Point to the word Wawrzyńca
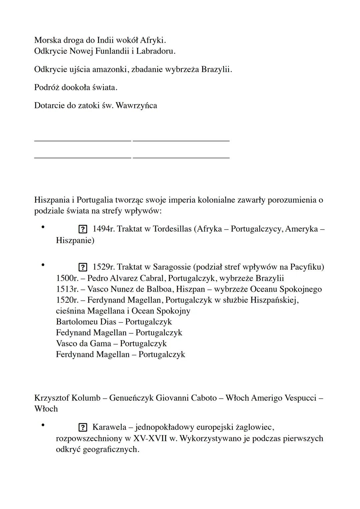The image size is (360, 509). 136,106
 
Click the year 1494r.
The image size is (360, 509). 103,229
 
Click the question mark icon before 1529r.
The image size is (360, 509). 83,267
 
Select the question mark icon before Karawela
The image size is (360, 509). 83,428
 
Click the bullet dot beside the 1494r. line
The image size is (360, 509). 43,227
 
